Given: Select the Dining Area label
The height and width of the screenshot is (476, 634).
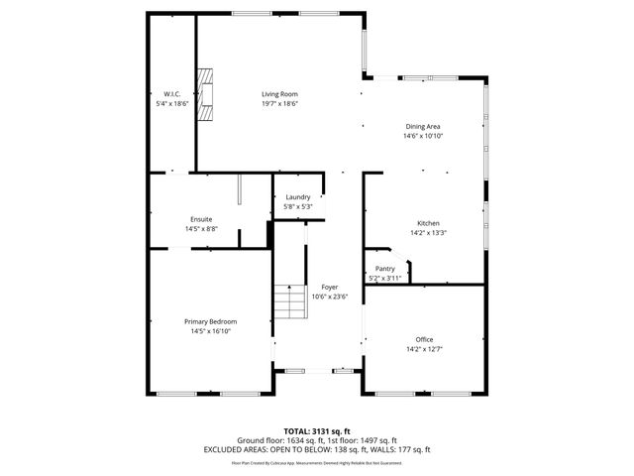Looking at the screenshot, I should (x=423, y=126).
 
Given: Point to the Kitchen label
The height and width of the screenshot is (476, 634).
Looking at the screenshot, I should (x=428, y=223).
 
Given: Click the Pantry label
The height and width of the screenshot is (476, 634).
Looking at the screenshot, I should (x=385, y=269).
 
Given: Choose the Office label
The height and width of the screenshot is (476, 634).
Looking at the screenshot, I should (x=424, y=339).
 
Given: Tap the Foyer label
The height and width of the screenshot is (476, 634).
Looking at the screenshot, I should (x=329, y=287).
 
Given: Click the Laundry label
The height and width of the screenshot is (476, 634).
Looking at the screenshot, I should (x=297, y=197).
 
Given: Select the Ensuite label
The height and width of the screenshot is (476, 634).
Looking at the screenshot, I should (x=201, y=219).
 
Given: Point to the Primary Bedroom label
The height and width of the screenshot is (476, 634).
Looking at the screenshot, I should (x=210, y=321).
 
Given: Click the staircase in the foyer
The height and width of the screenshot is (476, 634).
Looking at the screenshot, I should (x=290, y=299).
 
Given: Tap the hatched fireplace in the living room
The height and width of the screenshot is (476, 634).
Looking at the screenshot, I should (x=206, y=93).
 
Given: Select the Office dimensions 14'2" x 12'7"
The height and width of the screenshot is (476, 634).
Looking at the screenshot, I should (x=424, y=349).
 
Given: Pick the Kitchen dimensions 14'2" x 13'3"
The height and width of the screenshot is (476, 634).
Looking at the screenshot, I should (x=428, y=233).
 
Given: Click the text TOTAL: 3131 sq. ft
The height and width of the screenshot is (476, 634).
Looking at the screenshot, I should (x=316, y=431).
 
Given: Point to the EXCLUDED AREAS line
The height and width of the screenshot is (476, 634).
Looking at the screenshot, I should (x=316, y=449).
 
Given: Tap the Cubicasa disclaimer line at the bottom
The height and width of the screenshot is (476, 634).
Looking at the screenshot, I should (x=316, y=462).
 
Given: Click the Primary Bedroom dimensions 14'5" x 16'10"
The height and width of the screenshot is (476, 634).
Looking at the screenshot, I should (x=210, y=331).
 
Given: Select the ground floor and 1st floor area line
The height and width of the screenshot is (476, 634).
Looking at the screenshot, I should (x=316, y=440).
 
